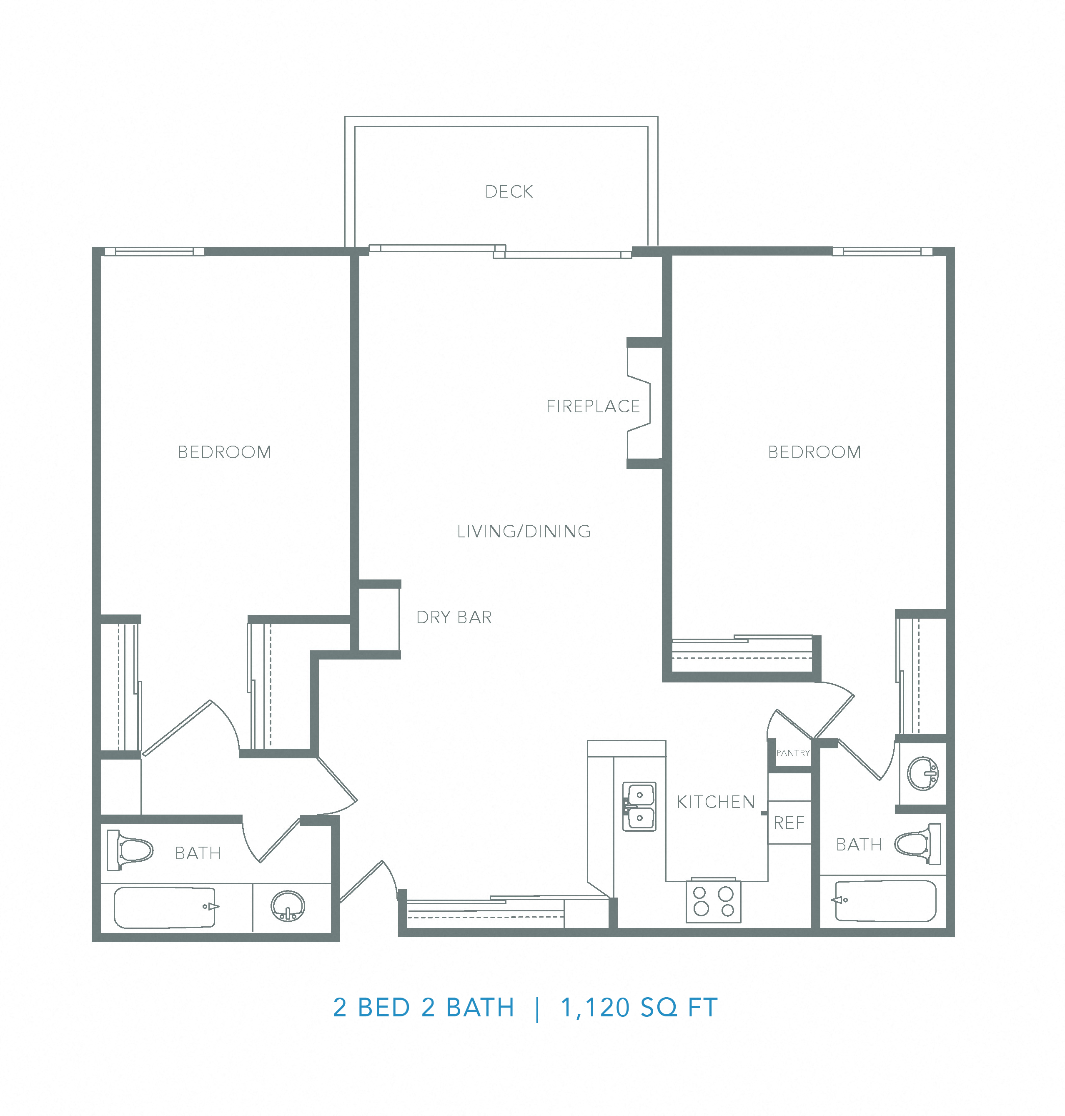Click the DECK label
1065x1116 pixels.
coord(509,192)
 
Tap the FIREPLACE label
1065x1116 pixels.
coord(593,406)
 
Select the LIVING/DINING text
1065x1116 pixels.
coord(524,532)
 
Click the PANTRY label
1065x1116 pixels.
coord(792,753)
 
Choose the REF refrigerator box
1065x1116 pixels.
coord(789,823)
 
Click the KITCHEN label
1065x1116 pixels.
coord(716,802)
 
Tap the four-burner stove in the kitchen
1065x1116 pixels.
coord(713,901)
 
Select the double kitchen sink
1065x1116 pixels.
coord(639,807)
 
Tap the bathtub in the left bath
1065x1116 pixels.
coord(165,907)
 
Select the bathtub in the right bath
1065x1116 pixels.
coord(885,901)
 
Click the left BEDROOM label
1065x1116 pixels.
coord(224,452)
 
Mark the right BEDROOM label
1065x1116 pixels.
coord(814,452)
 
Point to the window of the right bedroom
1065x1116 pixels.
coord(882,251)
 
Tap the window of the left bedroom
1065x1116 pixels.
coord(154,251)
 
